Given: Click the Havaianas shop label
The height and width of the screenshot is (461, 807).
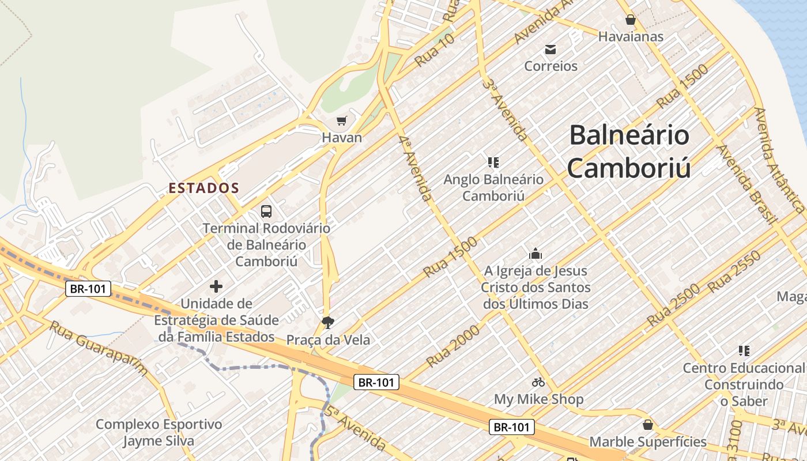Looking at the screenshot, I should point(631,36).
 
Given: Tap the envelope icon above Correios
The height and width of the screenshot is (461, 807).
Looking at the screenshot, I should point(550,50).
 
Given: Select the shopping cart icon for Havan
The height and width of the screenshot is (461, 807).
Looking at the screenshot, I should point(342,121).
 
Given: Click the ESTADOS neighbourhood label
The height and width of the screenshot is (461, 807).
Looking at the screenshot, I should point(203,188).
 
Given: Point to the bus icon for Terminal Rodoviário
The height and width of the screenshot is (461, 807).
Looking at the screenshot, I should point(266,211).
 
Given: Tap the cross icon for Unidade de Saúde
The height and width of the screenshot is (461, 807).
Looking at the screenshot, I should point(216,286).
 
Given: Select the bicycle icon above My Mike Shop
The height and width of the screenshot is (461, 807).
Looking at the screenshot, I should point(538,382).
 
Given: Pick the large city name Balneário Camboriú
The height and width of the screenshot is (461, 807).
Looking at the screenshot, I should point(629,151).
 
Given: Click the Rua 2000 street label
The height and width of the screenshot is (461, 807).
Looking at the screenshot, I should point(453,346).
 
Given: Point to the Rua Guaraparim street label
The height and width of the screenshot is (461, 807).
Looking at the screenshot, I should point(99,348).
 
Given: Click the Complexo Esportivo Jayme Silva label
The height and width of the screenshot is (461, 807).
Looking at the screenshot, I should point(159,433).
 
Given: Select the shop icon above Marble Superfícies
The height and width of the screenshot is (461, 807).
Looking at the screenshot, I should point(648,425).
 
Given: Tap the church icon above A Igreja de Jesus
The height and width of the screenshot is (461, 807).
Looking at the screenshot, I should point(536,254).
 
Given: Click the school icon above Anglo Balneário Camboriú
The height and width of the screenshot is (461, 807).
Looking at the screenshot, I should point(493,163).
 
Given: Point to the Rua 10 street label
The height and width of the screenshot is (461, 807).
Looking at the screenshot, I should point(435,50).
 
